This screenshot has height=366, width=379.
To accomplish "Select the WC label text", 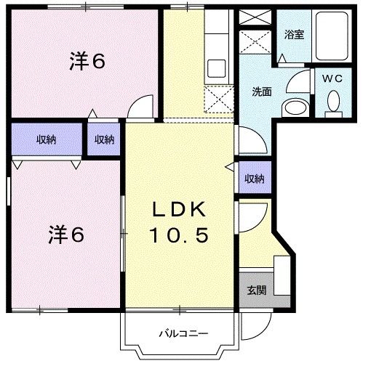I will [x=332, y=76].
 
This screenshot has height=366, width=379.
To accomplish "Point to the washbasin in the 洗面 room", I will [x=295, y=107].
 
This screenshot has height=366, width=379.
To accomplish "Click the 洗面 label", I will [x=262, y=92].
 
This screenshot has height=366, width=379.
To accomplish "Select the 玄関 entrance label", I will [x=255, y=290].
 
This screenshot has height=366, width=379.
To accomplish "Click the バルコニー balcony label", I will [x=184, y=333].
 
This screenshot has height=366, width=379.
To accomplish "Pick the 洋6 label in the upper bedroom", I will [x=87, y=62].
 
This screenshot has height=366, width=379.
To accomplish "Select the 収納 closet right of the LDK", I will [x=253, y=179].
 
